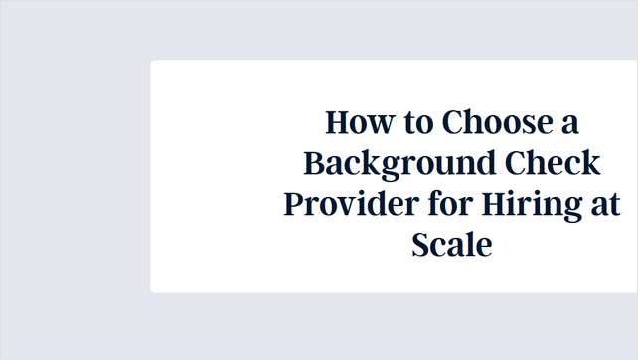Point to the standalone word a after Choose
pyautogui.click(x=568, y=124)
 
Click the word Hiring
pyautogui.click(x=527, y=204)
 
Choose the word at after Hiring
pyautogui.click(x=603, y=204)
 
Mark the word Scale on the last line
pyautogui.click(x=452, y=244)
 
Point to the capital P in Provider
pyautogui.click(x=294, y=203)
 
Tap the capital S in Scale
pyautogui.click(x=421, y=244)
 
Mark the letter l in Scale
pyautogui.click(x=470, y=243)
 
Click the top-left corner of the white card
pyautogui.click(x=152, y=62)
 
